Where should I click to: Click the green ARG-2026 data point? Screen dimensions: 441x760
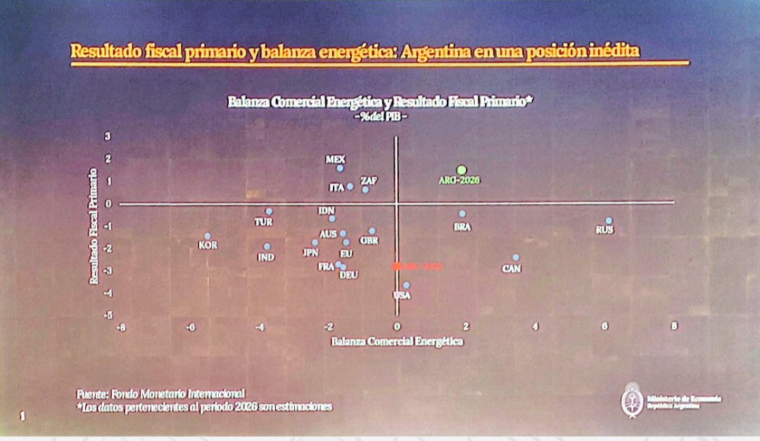tap(462, 170)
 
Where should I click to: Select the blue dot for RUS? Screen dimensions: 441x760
tap(609, 220)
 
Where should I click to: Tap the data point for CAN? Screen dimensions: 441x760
tap(515, 257)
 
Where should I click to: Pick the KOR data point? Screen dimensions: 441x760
tap(208, 236)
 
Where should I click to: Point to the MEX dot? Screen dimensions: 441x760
tap(340, 168)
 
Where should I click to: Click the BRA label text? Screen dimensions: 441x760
tap(462, 226)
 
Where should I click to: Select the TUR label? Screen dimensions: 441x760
tap(264, 222)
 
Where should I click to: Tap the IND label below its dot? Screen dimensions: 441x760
tap(266, 257)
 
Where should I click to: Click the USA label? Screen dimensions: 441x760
tap(402, 295)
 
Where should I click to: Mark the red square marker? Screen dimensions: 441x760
tap(396, 266)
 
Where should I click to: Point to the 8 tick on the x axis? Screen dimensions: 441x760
tap(673, 326)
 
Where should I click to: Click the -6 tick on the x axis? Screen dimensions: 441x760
tap(190, 326)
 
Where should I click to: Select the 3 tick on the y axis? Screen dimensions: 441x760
tap(108, 136)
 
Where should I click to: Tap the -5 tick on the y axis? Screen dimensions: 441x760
tap(108, 316)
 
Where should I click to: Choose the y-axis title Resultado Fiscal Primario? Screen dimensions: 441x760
tap(94, 225)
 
